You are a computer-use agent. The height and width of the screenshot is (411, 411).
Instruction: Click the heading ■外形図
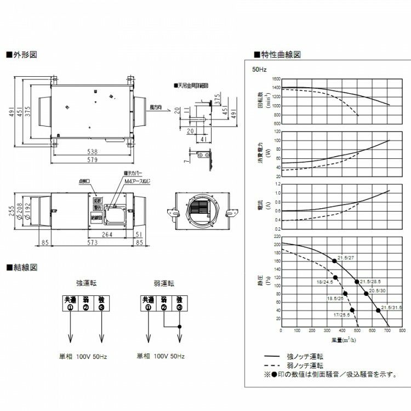point(21,55)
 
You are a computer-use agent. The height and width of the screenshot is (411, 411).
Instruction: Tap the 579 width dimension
point(92,160)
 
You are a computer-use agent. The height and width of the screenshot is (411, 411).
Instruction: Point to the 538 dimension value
point(92,151)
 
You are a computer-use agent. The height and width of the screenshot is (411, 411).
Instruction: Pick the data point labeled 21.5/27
point(334,261)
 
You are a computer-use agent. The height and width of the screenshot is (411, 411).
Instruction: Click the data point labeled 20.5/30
point(366,294)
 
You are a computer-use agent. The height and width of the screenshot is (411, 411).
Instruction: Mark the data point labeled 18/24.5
point(335,277)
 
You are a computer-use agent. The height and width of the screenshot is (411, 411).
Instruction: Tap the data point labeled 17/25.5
point(352,310)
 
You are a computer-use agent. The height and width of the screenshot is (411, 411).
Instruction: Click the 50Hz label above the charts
point(259,70)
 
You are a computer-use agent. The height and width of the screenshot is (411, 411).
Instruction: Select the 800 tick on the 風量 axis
point(402,331)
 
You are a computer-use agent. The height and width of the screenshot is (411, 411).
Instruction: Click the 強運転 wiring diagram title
point(86,283)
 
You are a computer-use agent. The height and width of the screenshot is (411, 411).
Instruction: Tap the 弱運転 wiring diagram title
point(163,283)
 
